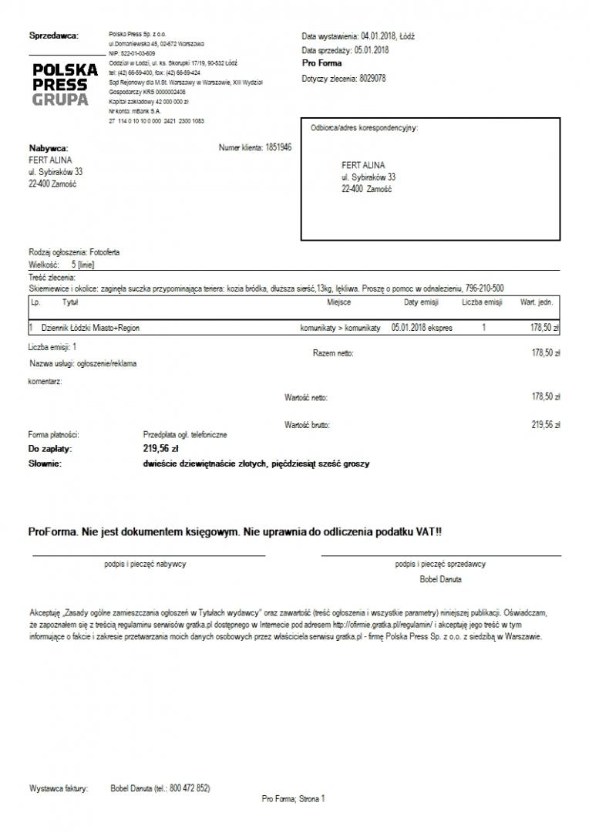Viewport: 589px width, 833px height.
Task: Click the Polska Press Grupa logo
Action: pos(65,84)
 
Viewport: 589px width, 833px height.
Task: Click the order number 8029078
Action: pos(373,79)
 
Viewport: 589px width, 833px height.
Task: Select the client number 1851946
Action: pos(278,146)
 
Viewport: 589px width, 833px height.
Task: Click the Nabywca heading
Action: pos(49,148)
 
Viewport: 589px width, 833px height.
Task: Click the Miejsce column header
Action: pos(339,302)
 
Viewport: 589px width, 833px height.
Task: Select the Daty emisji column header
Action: pos(422,302)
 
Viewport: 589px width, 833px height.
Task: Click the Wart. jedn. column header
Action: pos(537,302)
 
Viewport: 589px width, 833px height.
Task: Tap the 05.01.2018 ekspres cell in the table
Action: pos(422,328)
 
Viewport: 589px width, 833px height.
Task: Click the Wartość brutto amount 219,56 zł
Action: pos(546,424)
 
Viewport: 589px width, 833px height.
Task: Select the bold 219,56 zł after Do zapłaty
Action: pos(161,448)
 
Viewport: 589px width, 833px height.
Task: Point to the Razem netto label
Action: pos(333,353)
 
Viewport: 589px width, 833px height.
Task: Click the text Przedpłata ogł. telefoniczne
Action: pos(185,435)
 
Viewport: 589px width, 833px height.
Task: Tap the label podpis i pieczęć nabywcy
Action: pos(145,564)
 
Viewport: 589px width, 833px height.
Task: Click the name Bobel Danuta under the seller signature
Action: pos(440,578)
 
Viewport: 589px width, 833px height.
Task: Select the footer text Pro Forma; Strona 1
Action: pos(294,800)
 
